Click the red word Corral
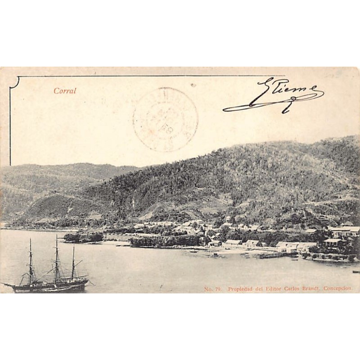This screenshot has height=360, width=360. (65, 91)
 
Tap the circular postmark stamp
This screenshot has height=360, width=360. (166, 120)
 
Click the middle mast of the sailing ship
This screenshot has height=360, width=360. (57, 261)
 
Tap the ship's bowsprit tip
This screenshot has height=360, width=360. (4, 283)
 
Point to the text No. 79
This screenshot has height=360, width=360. (212, 289)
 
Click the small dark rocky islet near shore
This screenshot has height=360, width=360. (83, 237)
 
